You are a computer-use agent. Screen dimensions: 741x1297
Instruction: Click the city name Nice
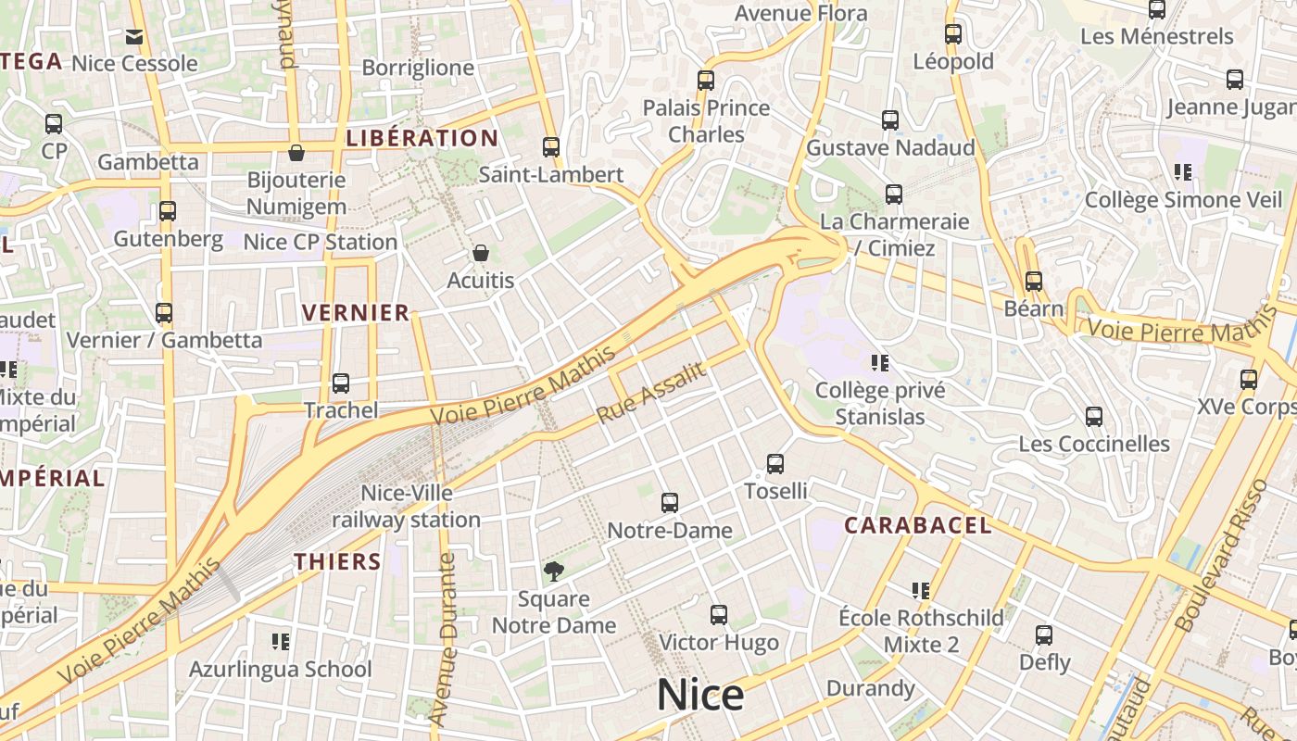click(700, 695)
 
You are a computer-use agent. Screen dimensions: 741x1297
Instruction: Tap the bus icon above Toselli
click(775, 464)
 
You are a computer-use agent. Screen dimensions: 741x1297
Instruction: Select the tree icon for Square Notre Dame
click(553, 571)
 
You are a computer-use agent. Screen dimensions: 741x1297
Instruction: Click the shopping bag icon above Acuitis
click(480, 253)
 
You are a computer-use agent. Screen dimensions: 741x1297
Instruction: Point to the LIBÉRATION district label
click(422, 139)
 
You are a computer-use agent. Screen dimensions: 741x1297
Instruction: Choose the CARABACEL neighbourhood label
click(917, 526)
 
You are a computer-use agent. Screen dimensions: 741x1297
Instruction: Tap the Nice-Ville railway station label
click(406, 507)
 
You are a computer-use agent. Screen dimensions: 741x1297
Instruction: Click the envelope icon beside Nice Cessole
click(134, 37)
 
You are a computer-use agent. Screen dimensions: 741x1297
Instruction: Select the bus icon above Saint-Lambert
click(551, 147)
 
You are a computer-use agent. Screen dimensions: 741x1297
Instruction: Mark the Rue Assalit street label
click(651, 393)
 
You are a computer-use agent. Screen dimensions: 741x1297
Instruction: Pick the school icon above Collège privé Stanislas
click(880, 362)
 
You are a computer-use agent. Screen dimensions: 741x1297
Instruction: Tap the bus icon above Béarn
click(1034, 281)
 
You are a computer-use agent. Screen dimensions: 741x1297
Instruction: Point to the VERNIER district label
click(356, 313)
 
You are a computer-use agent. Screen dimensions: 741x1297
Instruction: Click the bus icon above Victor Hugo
click(719, 615)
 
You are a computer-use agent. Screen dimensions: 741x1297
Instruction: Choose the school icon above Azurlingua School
click(281, 641)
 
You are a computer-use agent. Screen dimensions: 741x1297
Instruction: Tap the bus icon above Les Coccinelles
click(1094, 417)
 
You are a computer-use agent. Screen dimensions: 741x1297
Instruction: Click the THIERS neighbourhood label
click(337, 561)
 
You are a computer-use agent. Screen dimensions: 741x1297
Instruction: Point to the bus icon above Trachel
click(341, 383)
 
